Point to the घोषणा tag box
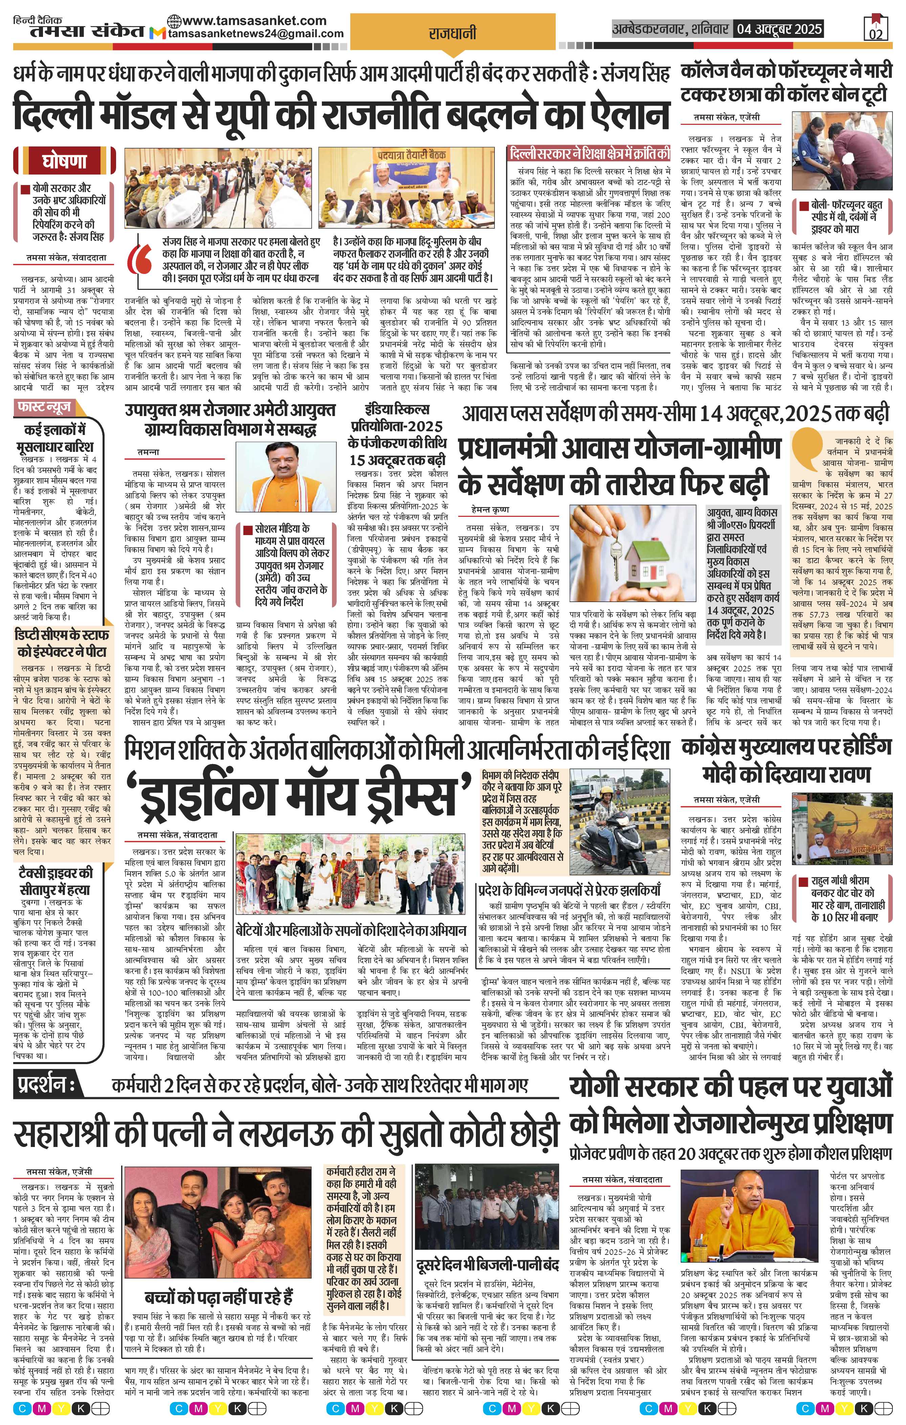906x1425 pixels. pos(65,161)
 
